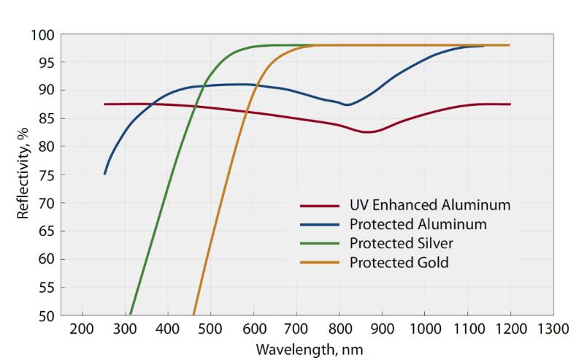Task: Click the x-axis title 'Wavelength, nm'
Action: [310, 349]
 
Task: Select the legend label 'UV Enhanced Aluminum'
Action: [430, 205]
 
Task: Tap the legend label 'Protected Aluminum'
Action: [418, 223]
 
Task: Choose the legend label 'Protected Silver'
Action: [406, 242]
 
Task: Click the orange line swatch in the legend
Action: [319, 261]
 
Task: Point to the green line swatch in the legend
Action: [319, 242]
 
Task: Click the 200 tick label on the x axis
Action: [83, 328]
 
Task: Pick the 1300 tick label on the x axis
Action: [552, 328]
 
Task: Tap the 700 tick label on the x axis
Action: [296, 328]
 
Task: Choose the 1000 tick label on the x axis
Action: [423, 328]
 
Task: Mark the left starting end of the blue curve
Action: [105, 174]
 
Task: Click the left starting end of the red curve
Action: [105, 104]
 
